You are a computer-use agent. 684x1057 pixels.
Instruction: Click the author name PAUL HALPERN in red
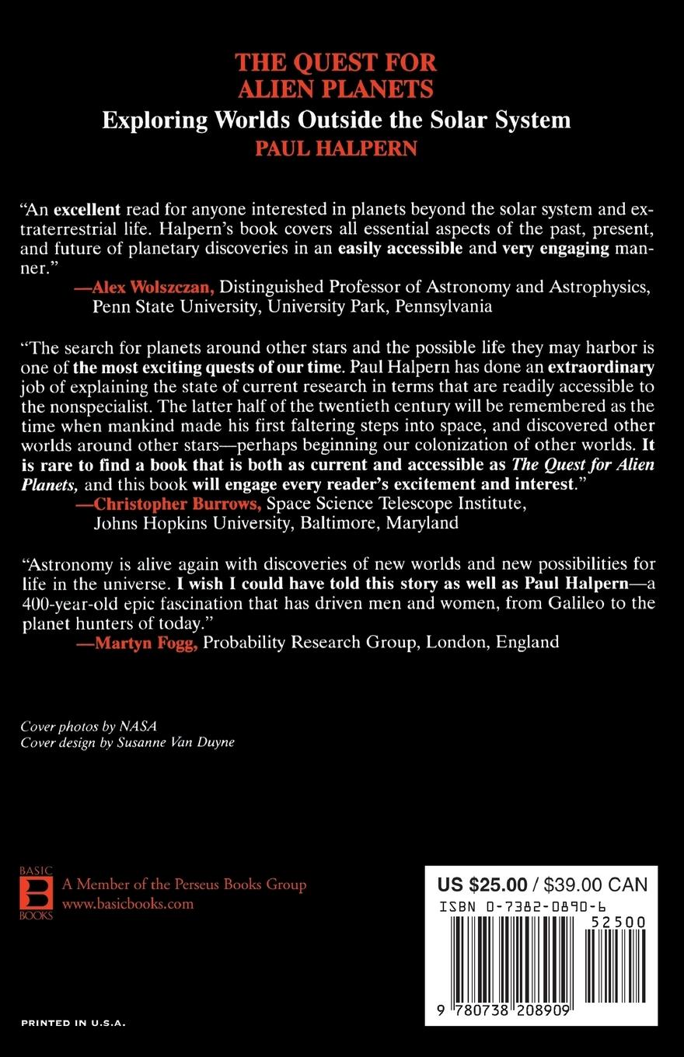[x=336, y=148]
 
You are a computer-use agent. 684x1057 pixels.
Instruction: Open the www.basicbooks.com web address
[x=127, y=904]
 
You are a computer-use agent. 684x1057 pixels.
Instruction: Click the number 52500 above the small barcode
[x=617, y=922]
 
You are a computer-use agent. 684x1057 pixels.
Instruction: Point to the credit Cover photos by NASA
[x=89, y=727]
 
